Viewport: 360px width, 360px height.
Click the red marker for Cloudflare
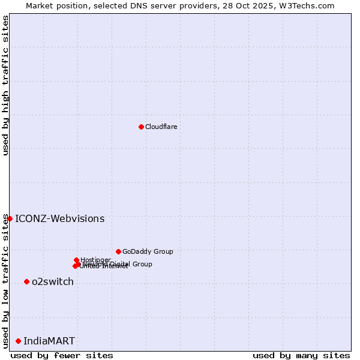[141, 127]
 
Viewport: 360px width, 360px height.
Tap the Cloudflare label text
[161, 127]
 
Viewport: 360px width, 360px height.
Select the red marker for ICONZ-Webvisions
[10, 218]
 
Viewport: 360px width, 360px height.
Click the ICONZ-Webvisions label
[59, 218]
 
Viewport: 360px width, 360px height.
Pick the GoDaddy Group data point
[118, 251]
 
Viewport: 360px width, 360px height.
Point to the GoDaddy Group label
[148, 251]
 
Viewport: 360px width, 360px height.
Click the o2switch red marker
[26, 281]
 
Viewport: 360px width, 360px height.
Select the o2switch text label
[53, 281]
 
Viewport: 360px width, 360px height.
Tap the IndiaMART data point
[18, 341]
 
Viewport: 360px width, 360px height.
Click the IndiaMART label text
[49, 341]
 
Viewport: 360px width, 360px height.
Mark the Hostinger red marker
[76, 260]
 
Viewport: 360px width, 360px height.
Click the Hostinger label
[95, 259]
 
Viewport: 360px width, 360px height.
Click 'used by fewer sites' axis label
[62, 355]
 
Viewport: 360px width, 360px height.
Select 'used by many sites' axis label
[301, 355]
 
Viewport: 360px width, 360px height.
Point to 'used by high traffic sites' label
[5, 85]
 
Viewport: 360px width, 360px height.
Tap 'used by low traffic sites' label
[5, 281]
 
